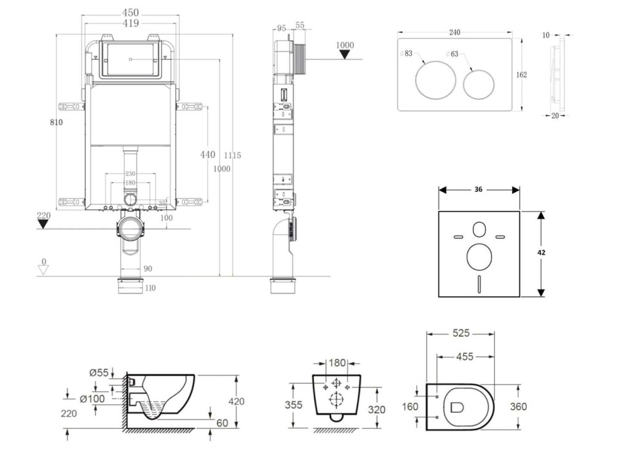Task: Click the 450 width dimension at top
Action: point(130,12)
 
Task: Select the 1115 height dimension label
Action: point(232,155)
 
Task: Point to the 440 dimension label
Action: point(208,155)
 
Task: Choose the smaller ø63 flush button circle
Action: point(479,84)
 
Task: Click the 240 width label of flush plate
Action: point(454,33)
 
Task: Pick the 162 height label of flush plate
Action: point(521,74)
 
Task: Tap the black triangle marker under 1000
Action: point(346,55)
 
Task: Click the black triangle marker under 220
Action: point(43,223)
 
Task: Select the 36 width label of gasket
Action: point(479,190)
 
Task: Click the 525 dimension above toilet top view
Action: point(461,333)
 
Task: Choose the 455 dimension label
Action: point(465,356)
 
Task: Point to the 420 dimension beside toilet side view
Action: point(236,401)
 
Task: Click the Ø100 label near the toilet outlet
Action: point(92,399)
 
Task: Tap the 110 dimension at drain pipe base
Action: point(149,288)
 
